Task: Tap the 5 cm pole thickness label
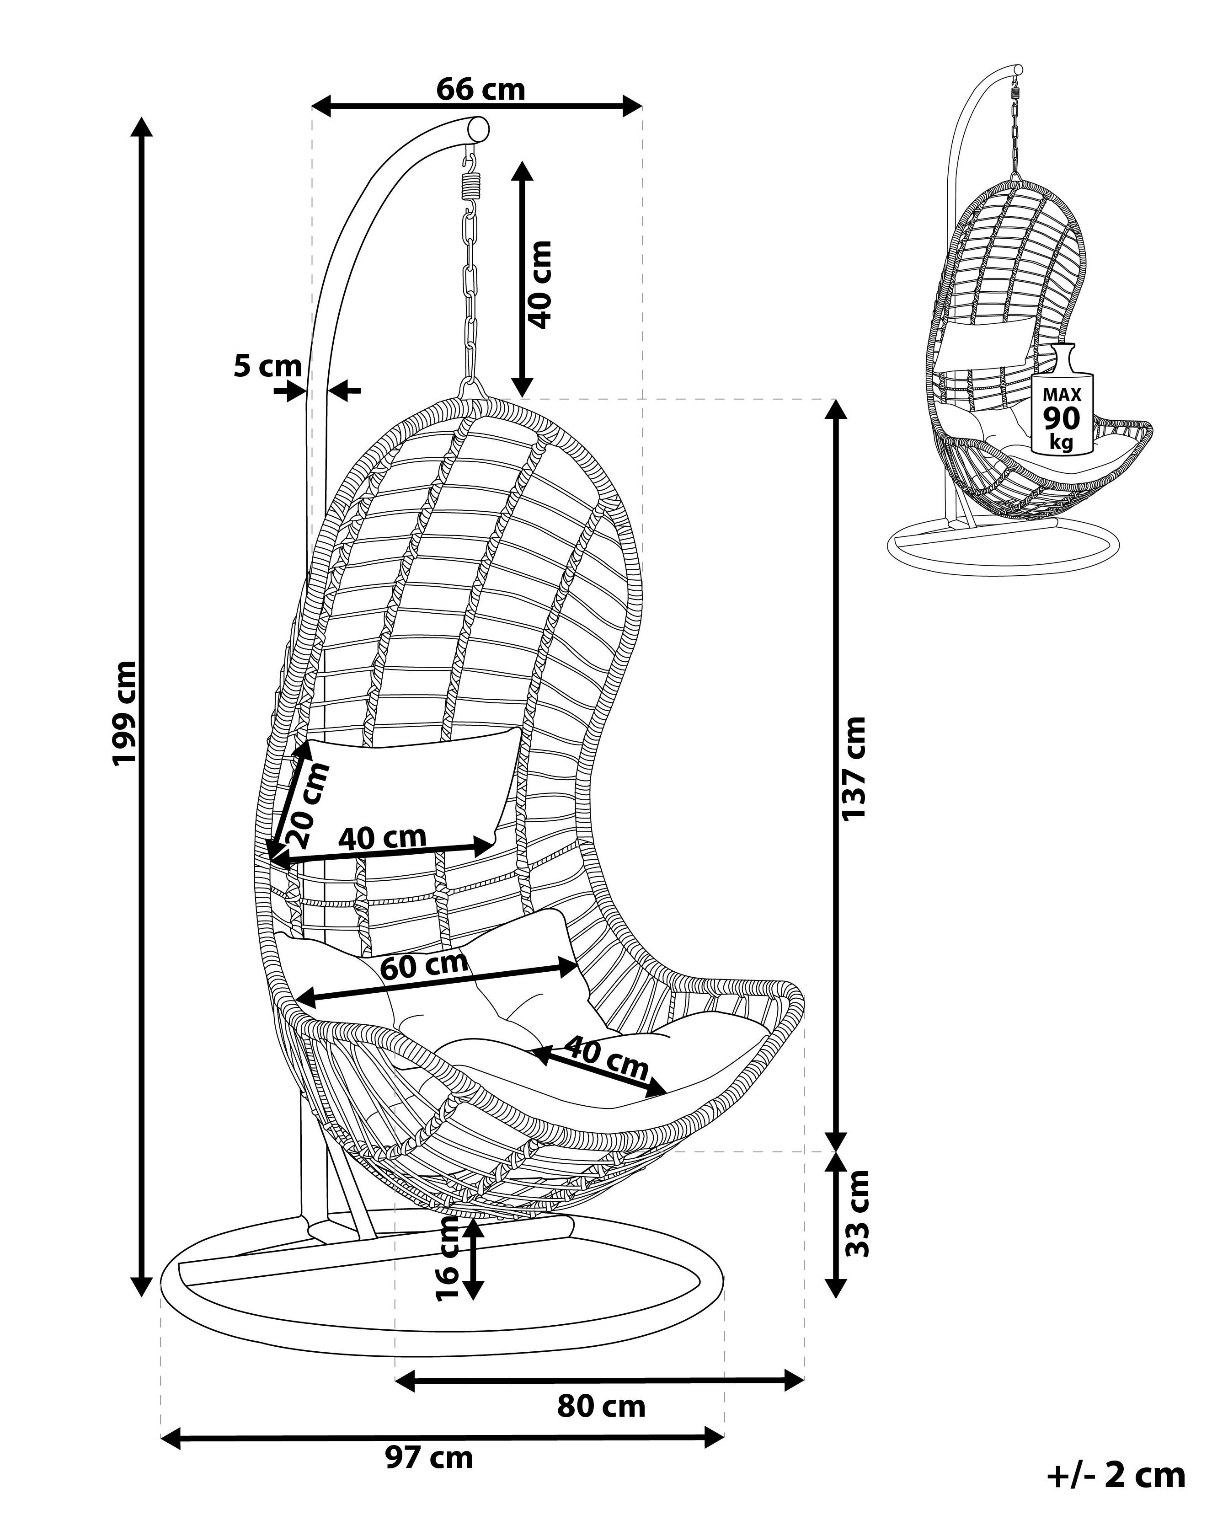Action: pyautogui.click(x=268, y=366)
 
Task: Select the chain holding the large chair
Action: pyautogui.click(x=470, y=281)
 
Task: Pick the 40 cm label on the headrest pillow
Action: pyautogui.click(x=382, y=837)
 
